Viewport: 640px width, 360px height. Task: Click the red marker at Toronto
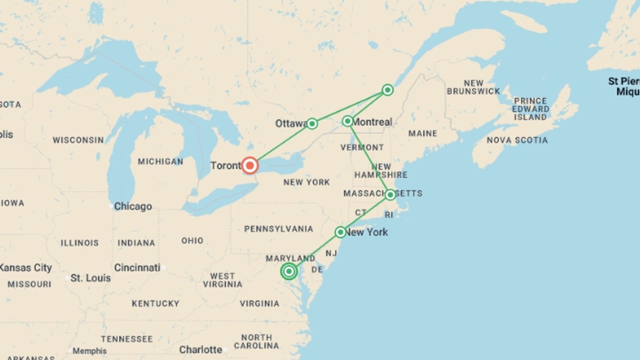[x=249, y=165]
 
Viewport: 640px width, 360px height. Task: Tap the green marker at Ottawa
[x=312, y=124]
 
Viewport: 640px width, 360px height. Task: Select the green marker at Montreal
[x=348, y=121]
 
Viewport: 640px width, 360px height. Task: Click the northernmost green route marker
[x=387, y=90]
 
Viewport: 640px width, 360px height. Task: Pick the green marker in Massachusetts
[x=390, y=195]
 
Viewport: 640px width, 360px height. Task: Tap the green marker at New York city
[x=340, y=232]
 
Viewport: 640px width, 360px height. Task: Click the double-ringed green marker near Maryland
[x=289, y=271]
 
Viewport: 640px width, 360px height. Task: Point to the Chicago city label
[x=133, y=207]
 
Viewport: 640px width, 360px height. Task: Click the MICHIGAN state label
[x=160, y=162]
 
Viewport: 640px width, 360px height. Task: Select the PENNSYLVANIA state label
[x=278, y=229]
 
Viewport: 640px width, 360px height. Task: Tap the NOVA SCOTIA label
[x=517, y=140]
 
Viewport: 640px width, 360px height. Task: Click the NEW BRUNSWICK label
[x=473, y=87]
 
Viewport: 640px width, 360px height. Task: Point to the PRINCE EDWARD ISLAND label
[x=530, y=109]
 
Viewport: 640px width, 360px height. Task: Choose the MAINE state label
[x=423, y=134]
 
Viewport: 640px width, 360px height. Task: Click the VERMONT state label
[x=362, y=147]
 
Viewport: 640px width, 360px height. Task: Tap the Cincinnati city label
[x=137, y=268]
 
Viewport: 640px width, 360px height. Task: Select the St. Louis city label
[x=90, y=278]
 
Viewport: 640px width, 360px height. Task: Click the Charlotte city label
[x=200, y=350]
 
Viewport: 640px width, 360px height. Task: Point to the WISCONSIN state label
[x=78, y=140]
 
